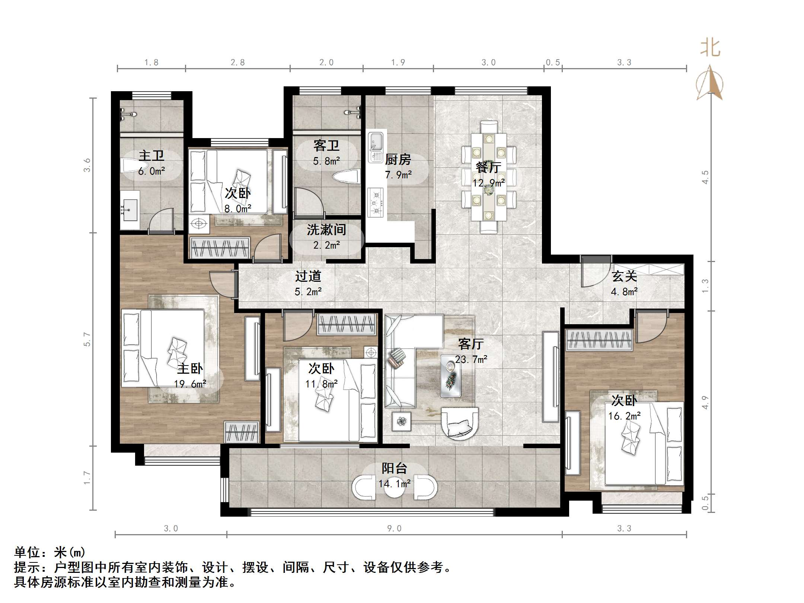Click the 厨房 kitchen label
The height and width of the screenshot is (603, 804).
pyautogui.click(x=398, y=159)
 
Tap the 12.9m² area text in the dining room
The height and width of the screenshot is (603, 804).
pyautogui.click(x=488, y=183)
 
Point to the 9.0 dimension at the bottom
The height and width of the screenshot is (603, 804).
pyautogui.click(x=394, y=528)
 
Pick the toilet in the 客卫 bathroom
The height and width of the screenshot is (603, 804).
pyautogui.click(x=346, y=176)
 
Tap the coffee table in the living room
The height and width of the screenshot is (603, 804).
pyautogui.click(x=450, y=376)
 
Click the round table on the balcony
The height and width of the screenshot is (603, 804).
pyautogui.click(x=394, y=488)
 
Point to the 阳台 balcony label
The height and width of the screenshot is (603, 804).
pyautogui.click(x=395, y=468)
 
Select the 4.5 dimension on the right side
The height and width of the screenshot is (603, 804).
pyautogui.click(x=705, y=177)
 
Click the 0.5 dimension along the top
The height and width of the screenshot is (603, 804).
pyautogui.click(x=553, y=62)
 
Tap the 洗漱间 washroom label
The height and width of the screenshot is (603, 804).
pyautogui.click(x=326, y=230)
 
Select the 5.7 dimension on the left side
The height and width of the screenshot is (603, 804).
pyautogui.click(x=86, y=339)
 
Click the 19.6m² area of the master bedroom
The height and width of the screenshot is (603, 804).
pyautogui.click(x=190, y=384)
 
